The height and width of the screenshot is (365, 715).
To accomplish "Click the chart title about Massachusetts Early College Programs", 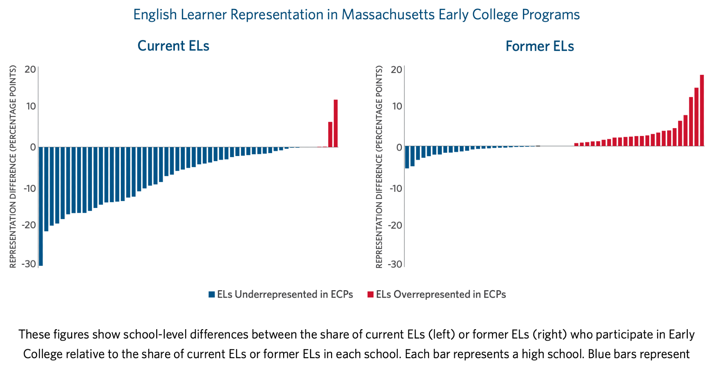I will click(356, 15).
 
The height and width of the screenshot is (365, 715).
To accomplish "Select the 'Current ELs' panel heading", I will click(173, 46).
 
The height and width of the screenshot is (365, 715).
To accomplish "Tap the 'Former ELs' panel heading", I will click(539, 46).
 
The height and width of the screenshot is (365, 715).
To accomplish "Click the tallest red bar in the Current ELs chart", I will click(336, 123).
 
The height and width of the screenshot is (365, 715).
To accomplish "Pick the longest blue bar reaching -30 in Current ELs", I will click(41, 206).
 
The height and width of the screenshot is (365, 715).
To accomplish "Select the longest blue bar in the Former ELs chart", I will click(407, 157).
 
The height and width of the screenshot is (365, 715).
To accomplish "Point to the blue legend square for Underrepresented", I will click(212, 295).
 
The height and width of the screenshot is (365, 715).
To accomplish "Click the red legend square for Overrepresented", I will click(370, 295).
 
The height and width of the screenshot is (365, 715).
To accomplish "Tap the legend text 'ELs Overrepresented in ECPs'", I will click(441, 295).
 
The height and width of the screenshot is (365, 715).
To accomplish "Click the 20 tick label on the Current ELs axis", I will click(30, 69).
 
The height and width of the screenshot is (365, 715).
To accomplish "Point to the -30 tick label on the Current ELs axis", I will click(29, 264).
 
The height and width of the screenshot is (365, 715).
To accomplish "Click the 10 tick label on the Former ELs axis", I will click(396, 106).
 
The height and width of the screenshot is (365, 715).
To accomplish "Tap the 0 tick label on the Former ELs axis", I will click(399, 147).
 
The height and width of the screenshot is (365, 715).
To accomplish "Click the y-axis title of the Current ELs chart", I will click(13, 166).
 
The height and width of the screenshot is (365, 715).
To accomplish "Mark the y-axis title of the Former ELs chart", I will click(379, 166).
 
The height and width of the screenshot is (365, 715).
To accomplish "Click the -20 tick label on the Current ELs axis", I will click(29, 225).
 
